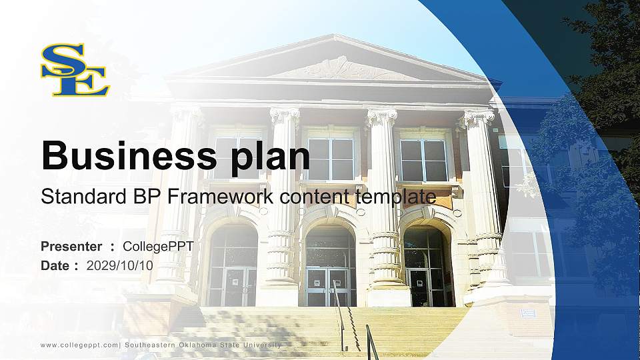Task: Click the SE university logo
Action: click(75, 69)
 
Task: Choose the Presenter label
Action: click(71, 247)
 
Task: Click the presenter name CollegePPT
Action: click(158, 247)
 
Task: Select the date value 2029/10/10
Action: click(120, 265)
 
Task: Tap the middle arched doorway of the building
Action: click(331, 267)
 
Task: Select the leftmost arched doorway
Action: click(233, 267)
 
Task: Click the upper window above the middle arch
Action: click(331, 158)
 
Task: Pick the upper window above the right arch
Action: click(424, 159)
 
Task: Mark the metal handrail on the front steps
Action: click(341, 320)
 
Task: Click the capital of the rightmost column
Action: click(479, 119)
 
